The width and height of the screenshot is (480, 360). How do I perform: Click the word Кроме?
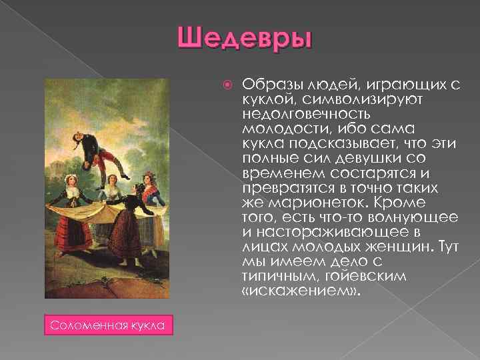point(405,203)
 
